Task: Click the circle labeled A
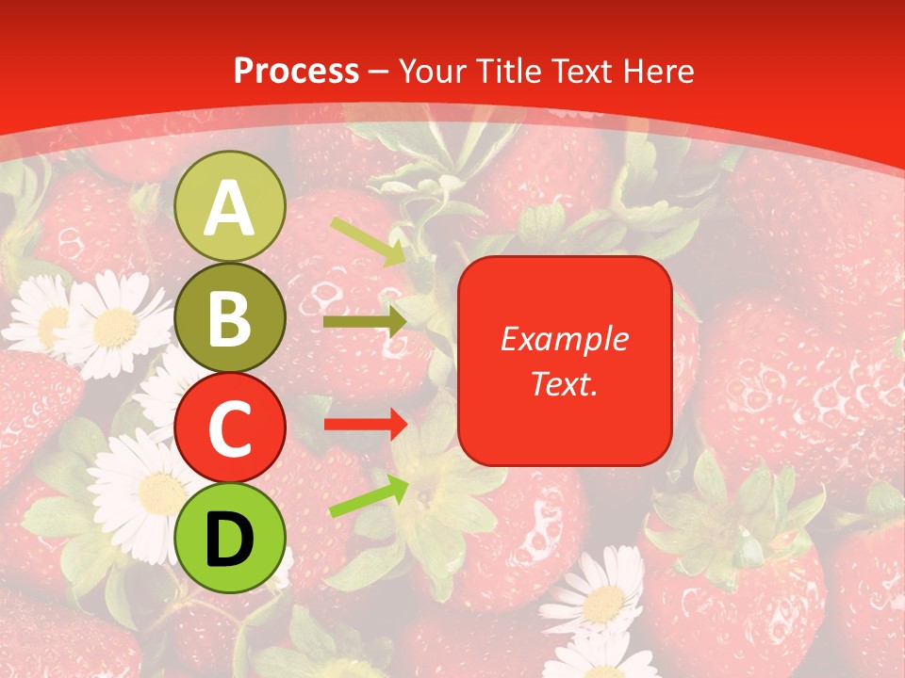230,206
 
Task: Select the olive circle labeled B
230,317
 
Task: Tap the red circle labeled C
230,428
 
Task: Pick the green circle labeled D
230,538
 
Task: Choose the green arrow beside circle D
369,497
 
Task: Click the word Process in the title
296,71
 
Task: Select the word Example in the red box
564,339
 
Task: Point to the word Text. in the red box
564,383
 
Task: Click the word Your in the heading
433,71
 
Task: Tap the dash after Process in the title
379,72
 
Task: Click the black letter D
230,540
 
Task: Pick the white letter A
230,208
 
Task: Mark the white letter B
230,318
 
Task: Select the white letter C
230,428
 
